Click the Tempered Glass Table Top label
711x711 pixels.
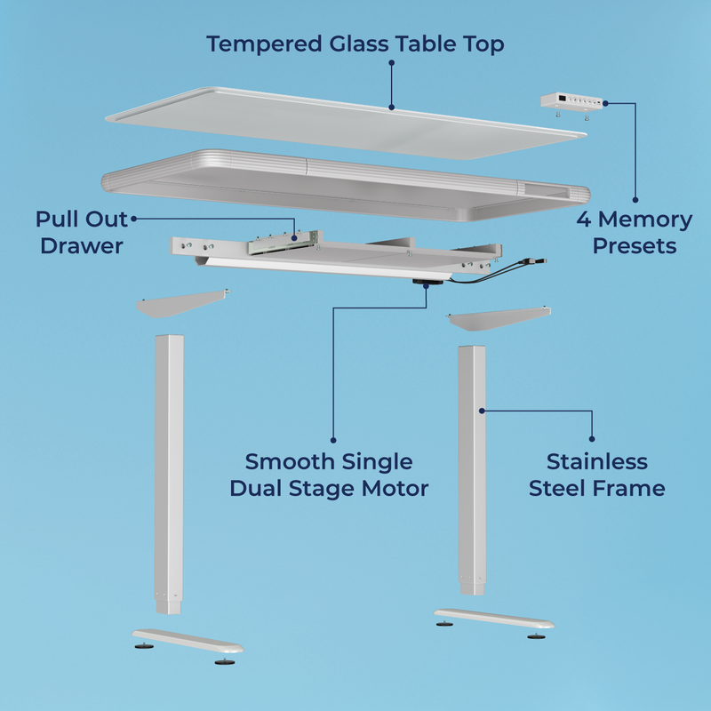point(355,43)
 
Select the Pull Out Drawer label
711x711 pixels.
point(81,232)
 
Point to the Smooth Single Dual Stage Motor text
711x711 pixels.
point(329,475)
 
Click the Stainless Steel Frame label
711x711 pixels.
point(597,475)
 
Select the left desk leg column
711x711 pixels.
point(169,471)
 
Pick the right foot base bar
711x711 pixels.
point(493,619)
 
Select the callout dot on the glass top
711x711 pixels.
point(391,108)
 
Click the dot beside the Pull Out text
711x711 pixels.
point(134,218)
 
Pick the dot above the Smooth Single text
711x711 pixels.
point(333,438)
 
